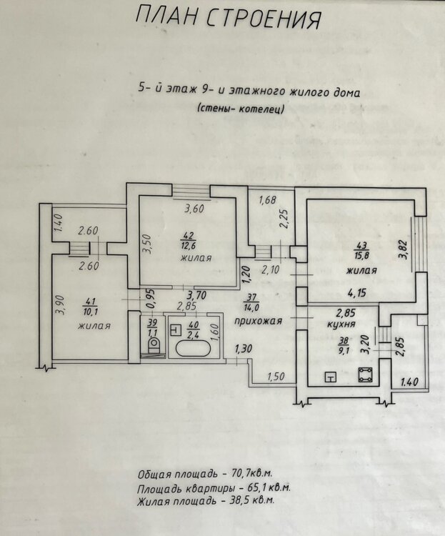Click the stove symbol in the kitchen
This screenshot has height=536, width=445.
366,374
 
